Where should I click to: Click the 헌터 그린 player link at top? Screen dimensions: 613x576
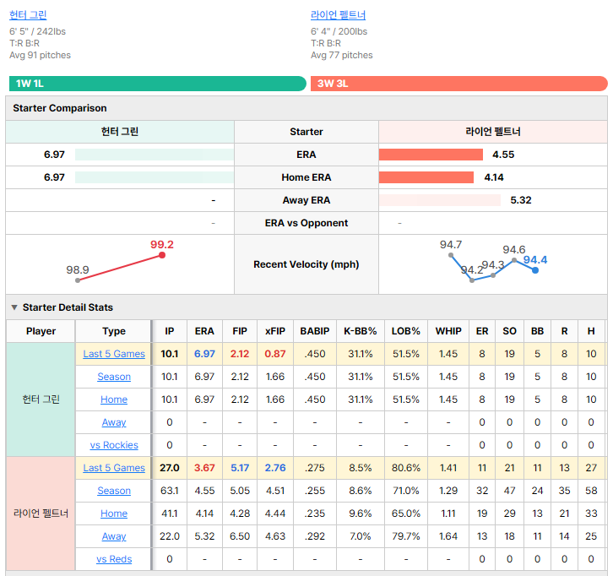coord(28,15)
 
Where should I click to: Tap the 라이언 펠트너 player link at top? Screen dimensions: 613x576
coord(339,15)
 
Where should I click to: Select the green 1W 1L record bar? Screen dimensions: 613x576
coord(158,84)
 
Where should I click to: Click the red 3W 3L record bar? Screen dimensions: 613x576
coord(459,84)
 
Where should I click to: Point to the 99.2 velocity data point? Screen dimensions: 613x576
coord(162,255)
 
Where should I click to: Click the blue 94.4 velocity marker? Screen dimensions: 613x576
coord(535,270)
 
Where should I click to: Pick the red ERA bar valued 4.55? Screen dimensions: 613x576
coord(431,155)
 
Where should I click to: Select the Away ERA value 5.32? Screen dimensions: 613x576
coord(521,200)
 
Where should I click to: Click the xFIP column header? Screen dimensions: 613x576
coord(275,331)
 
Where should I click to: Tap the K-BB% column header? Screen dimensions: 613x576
coord(360,331)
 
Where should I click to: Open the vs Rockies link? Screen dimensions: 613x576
coord(114,445)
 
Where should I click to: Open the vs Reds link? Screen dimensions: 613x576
coord(114,559)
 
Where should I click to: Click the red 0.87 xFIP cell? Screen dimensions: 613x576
coord(275,354)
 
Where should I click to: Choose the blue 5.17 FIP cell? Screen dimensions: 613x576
coord(240,468)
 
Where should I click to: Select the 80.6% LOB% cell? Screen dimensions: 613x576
coord(406,468)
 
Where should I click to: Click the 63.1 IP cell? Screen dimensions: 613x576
coord(169,491)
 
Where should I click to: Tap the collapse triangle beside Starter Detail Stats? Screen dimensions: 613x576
coord(14,307)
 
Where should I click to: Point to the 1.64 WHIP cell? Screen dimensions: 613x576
coord(448,536)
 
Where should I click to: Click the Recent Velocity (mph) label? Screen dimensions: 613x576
coord(306,264)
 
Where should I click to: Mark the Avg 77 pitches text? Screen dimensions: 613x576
coord(342,55)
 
